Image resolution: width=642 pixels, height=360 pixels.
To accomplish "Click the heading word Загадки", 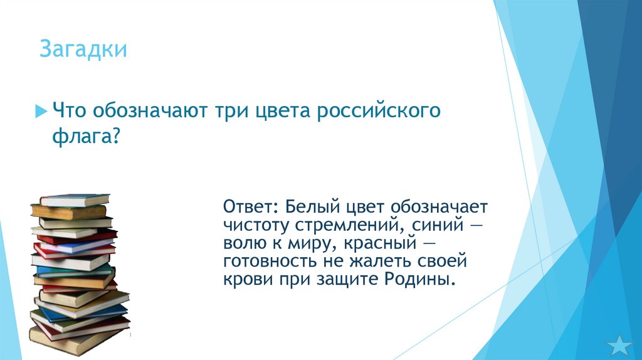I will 83,49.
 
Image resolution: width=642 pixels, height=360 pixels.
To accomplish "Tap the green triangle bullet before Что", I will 41,111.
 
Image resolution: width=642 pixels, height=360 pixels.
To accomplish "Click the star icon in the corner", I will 620,344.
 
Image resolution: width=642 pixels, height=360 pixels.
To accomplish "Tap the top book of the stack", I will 74,199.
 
